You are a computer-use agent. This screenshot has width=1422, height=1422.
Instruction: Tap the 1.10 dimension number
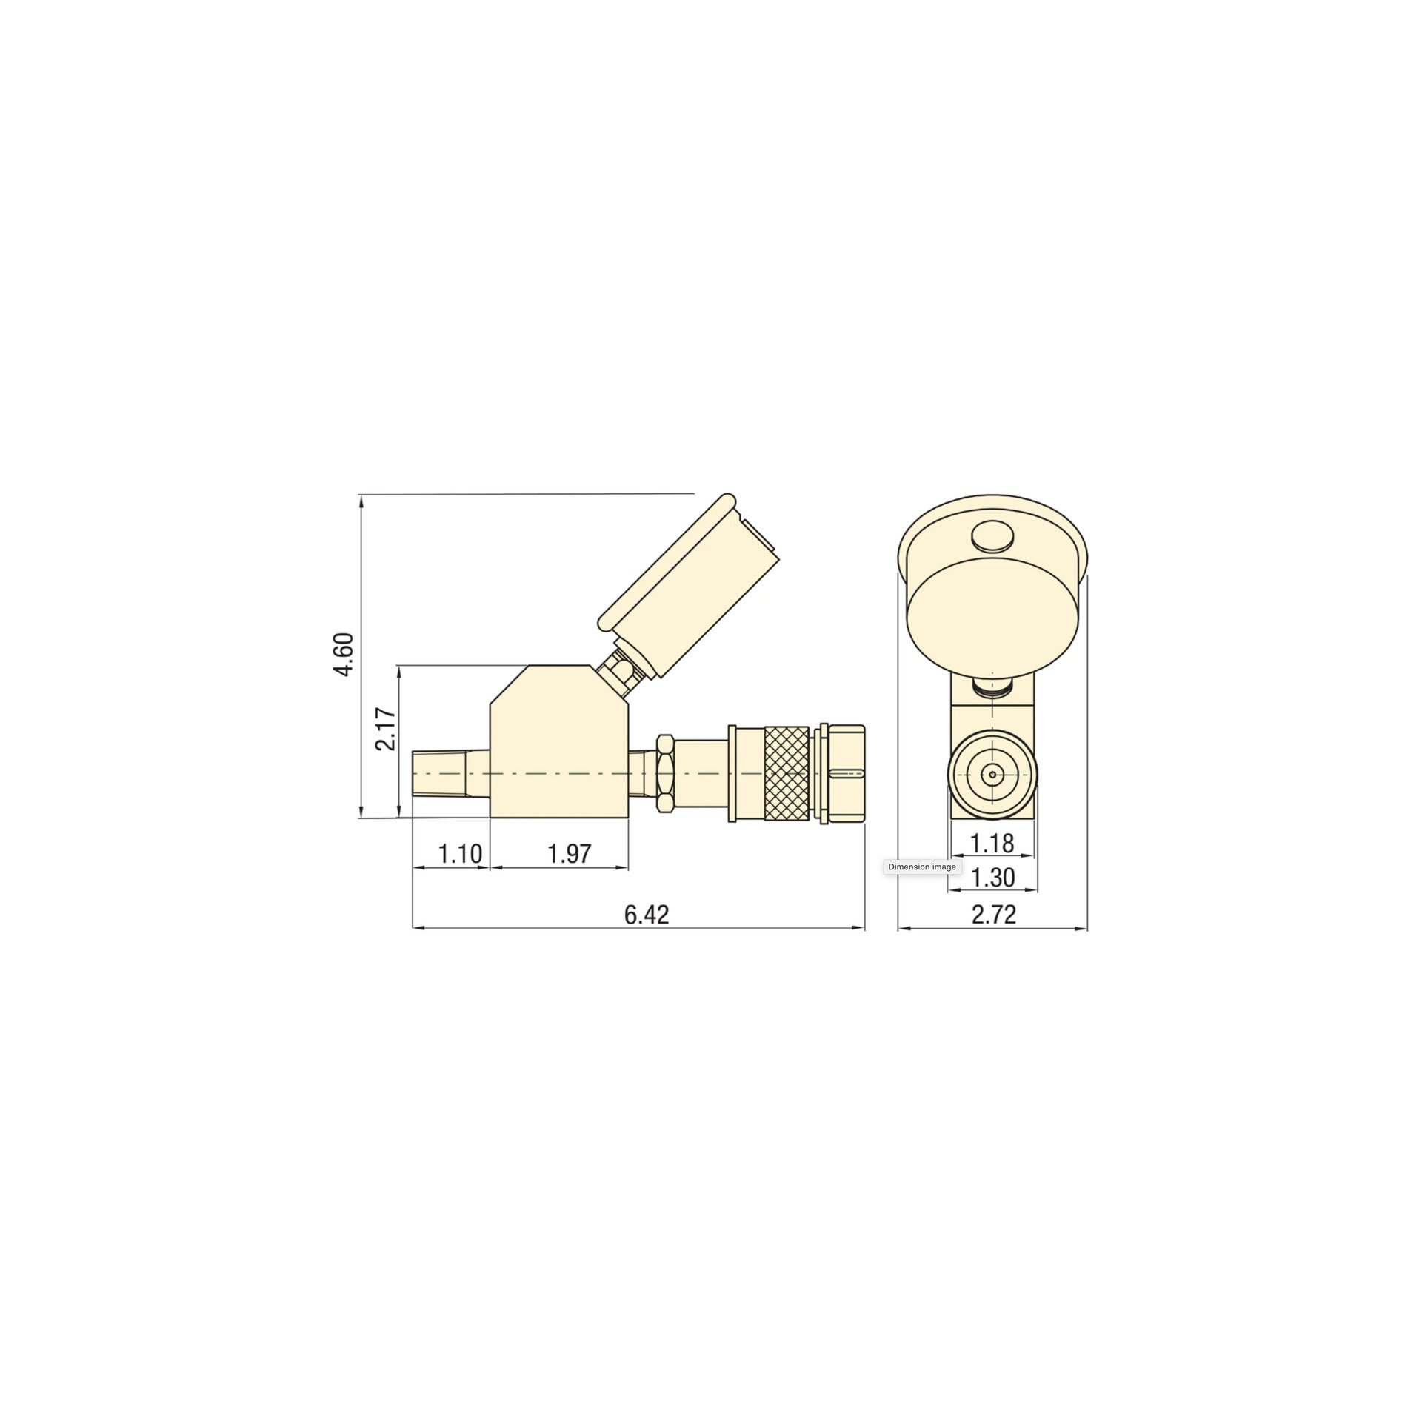coord(460,854)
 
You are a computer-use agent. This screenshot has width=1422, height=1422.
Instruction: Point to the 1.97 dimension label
coord(570,854)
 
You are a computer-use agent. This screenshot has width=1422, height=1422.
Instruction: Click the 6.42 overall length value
coord(647,915)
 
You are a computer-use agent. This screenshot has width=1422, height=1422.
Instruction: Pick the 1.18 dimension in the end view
coord(992,843)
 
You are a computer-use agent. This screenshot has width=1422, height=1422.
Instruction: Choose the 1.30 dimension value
coord(992,878)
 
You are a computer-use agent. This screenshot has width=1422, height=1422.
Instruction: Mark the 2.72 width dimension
coord(994,915)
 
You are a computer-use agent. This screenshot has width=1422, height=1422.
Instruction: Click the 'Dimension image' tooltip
coord(922,867)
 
